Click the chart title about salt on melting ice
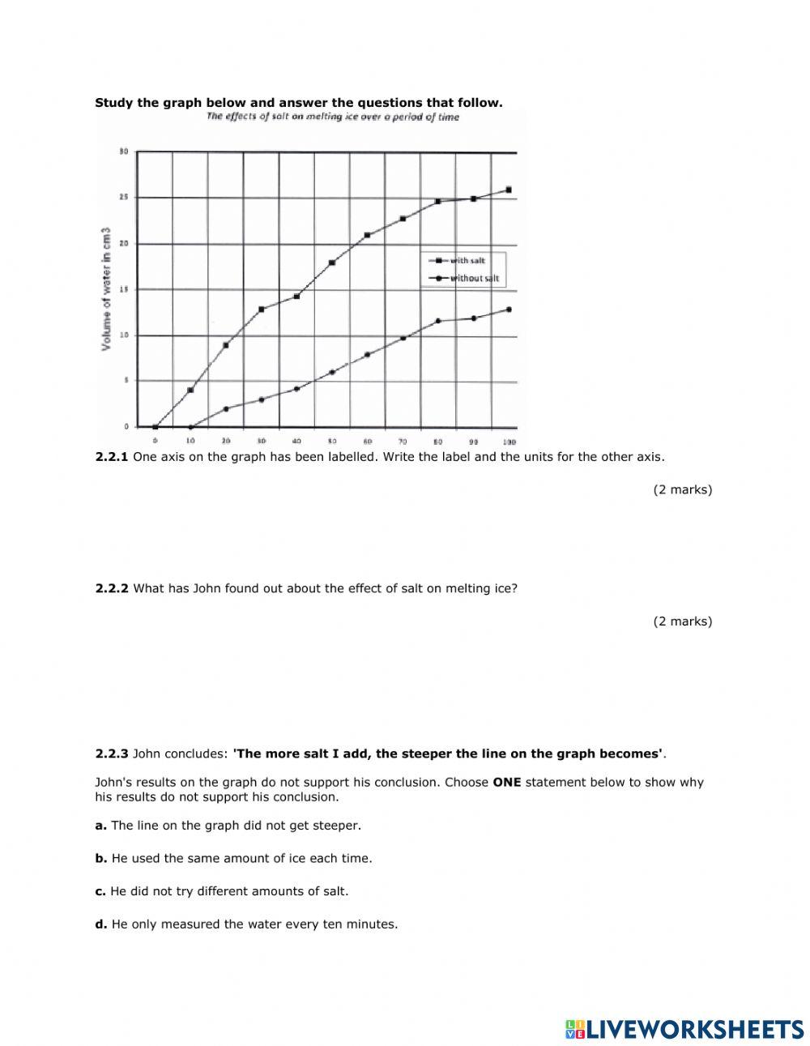332,117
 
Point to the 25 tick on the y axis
124,197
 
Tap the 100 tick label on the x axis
509,441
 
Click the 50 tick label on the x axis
332,441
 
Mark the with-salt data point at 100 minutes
509,190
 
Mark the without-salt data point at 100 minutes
509,309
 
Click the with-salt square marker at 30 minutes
262,309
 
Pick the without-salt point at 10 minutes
191,427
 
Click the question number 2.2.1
112,457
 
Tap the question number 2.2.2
112,589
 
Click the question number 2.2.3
112,754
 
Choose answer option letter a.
100,826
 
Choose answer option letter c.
100,891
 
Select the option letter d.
100,924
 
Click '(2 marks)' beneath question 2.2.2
682,621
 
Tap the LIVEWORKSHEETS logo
684,1029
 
